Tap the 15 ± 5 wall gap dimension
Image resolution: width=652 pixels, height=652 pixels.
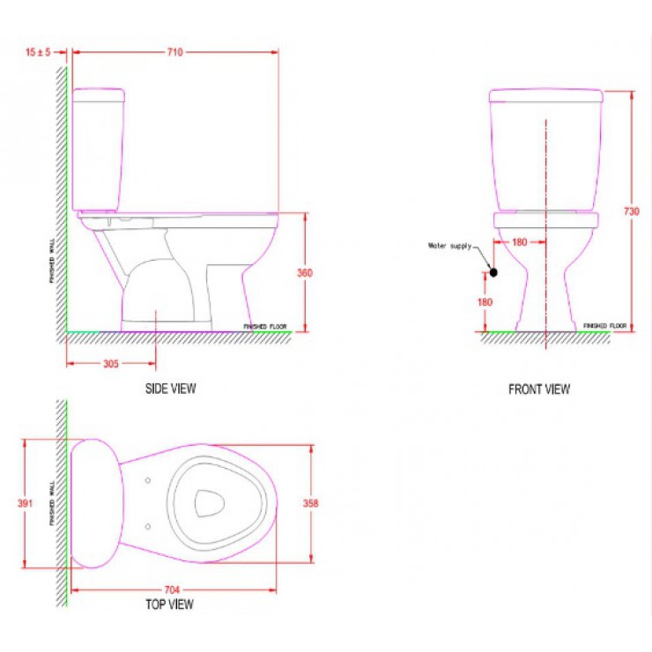(39, 53)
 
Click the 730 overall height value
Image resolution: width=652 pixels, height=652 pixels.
(631, 211)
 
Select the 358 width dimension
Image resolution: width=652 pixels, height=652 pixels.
(310, 504)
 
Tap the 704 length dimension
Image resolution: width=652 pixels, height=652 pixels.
(172, 589)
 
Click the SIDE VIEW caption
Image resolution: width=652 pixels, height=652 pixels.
(170, 389)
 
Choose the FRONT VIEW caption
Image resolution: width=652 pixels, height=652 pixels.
(538, 389)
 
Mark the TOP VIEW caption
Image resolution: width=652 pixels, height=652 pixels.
(169, 604)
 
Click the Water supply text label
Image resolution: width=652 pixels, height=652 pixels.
(449, 246)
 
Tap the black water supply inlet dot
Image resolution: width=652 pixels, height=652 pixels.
(493, 272)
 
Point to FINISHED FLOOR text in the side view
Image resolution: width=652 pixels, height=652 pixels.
(265, 326)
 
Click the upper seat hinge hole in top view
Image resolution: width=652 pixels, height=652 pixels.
(146, 481)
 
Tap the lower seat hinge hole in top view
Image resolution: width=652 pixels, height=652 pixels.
(146, 526)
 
